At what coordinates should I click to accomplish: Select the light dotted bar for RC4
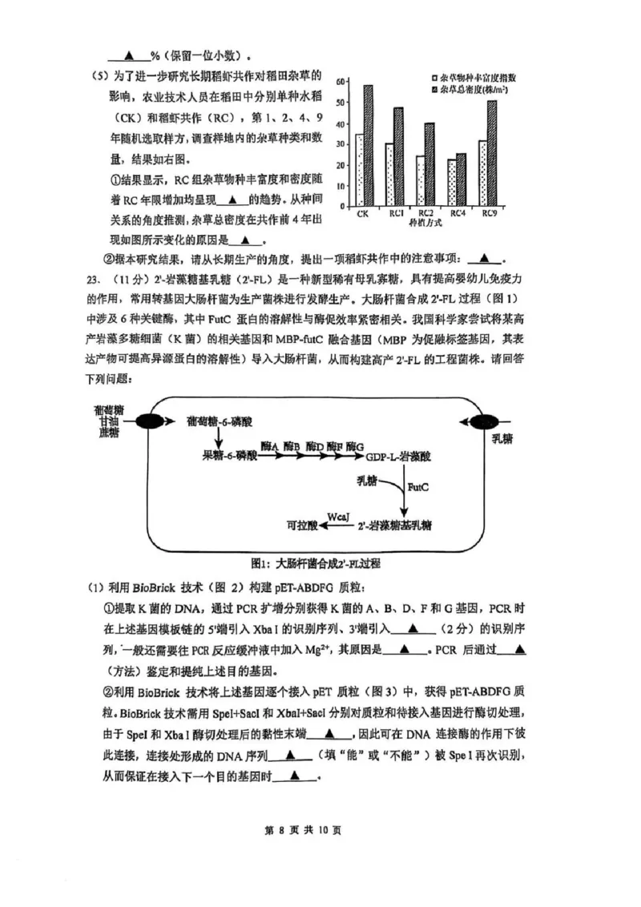click(453, 183)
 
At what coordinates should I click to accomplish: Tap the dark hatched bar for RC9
click(492, 154)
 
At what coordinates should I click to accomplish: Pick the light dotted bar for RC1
click(389, 175)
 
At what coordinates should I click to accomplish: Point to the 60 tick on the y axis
click(341, 82)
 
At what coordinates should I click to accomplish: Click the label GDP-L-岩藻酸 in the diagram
click(399, 456)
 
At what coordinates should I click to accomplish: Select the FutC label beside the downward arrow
click(417, 486)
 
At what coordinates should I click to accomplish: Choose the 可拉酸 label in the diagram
click(304, 526)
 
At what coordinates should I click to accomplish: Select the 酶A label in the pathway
click(269, 445)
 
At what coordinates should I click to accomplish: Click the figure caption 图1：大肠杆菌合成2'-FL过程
click(316, 563)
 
